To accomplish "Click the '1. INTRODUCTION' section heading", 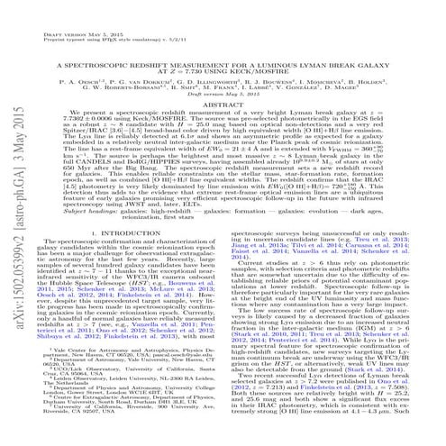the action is [138, 259].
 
